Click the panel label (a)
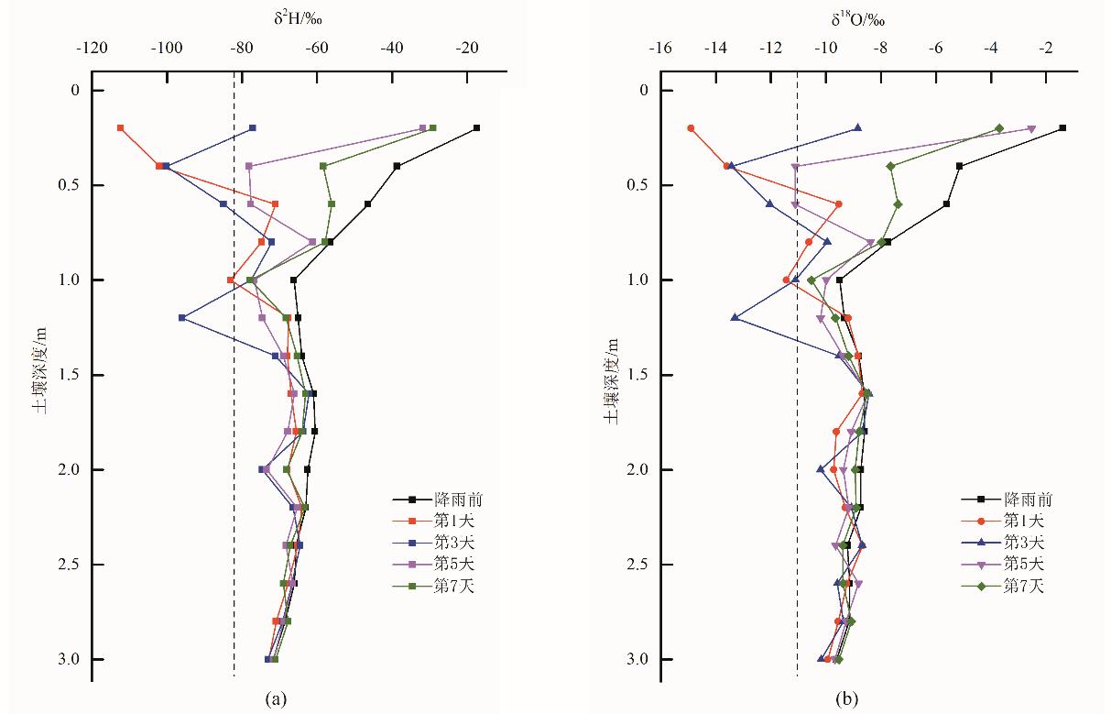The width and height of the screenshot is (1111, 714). [274, 699]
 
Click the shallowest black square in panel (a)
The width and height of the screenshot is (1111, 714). [477, 128]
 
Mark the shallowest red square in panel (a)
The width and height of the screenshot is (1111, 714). [120, 128]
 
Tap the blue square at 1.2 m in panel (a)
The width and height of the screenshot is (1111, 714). [182, 318]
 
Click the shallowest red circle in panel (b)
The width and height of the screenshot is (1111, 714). [691, 128]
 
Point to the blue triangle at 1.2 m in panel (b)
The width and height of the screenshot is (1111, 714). [735, 318]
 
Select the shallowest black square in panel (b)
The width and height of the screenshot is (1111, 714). [1062, 128]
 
